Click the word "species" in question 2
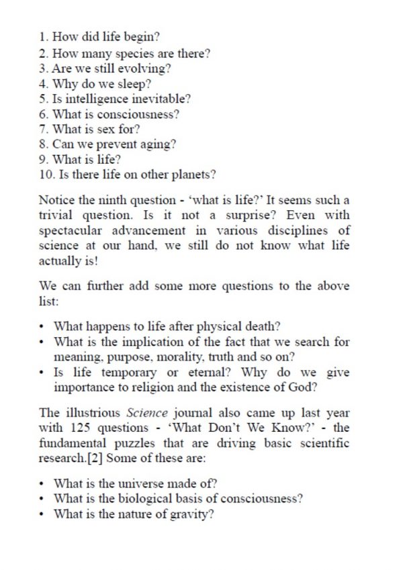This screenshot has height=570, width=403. pos(124,54)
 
